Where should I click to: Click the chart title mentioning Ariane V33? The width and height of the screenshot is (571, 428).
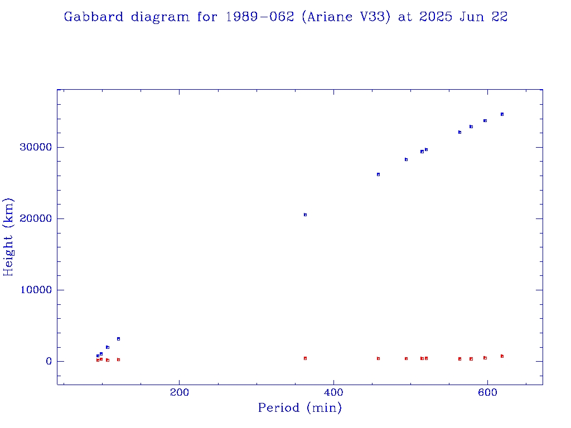tap(285, 17)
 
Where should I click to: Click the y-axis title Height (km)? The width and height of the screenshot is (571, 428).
tap(8, 236)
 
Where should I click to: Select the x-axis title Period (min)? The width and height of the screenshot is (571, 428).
tap(299, 408)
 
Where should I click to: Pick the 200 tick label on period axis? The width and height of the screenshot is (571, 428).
tap(179, 392)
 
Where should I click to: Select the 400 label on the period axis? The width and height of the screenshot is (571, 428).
tap(333, 392)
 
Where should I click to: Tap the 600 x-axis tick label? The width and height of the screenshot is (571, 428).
tap(488, 392)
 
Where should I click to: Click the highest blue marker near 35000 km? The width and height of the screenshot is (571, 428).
tap(502, 114)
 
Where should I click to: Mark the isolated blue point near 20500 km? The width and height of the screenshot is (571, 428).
tap(305, 215)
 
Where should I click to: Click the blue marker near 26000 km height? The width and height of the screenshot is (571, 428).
tap(378, 174)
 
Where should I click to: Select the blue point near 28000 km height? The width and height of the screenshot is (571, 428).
tap(406, 159)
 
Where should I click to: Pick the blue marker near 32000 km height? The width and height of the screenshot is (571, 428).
tap(459, 132)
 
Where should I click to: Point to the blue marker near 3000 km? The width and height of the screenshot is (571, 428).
tap(118, 339)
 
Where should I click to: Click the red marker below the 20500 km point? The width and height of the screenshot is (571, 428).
tap(305, 358)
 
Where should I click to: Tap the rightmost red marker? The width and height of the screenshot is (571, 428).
tap(502, 356)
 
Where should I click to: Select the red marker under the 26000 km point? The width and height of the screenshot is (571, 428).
tap(378, 358)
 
